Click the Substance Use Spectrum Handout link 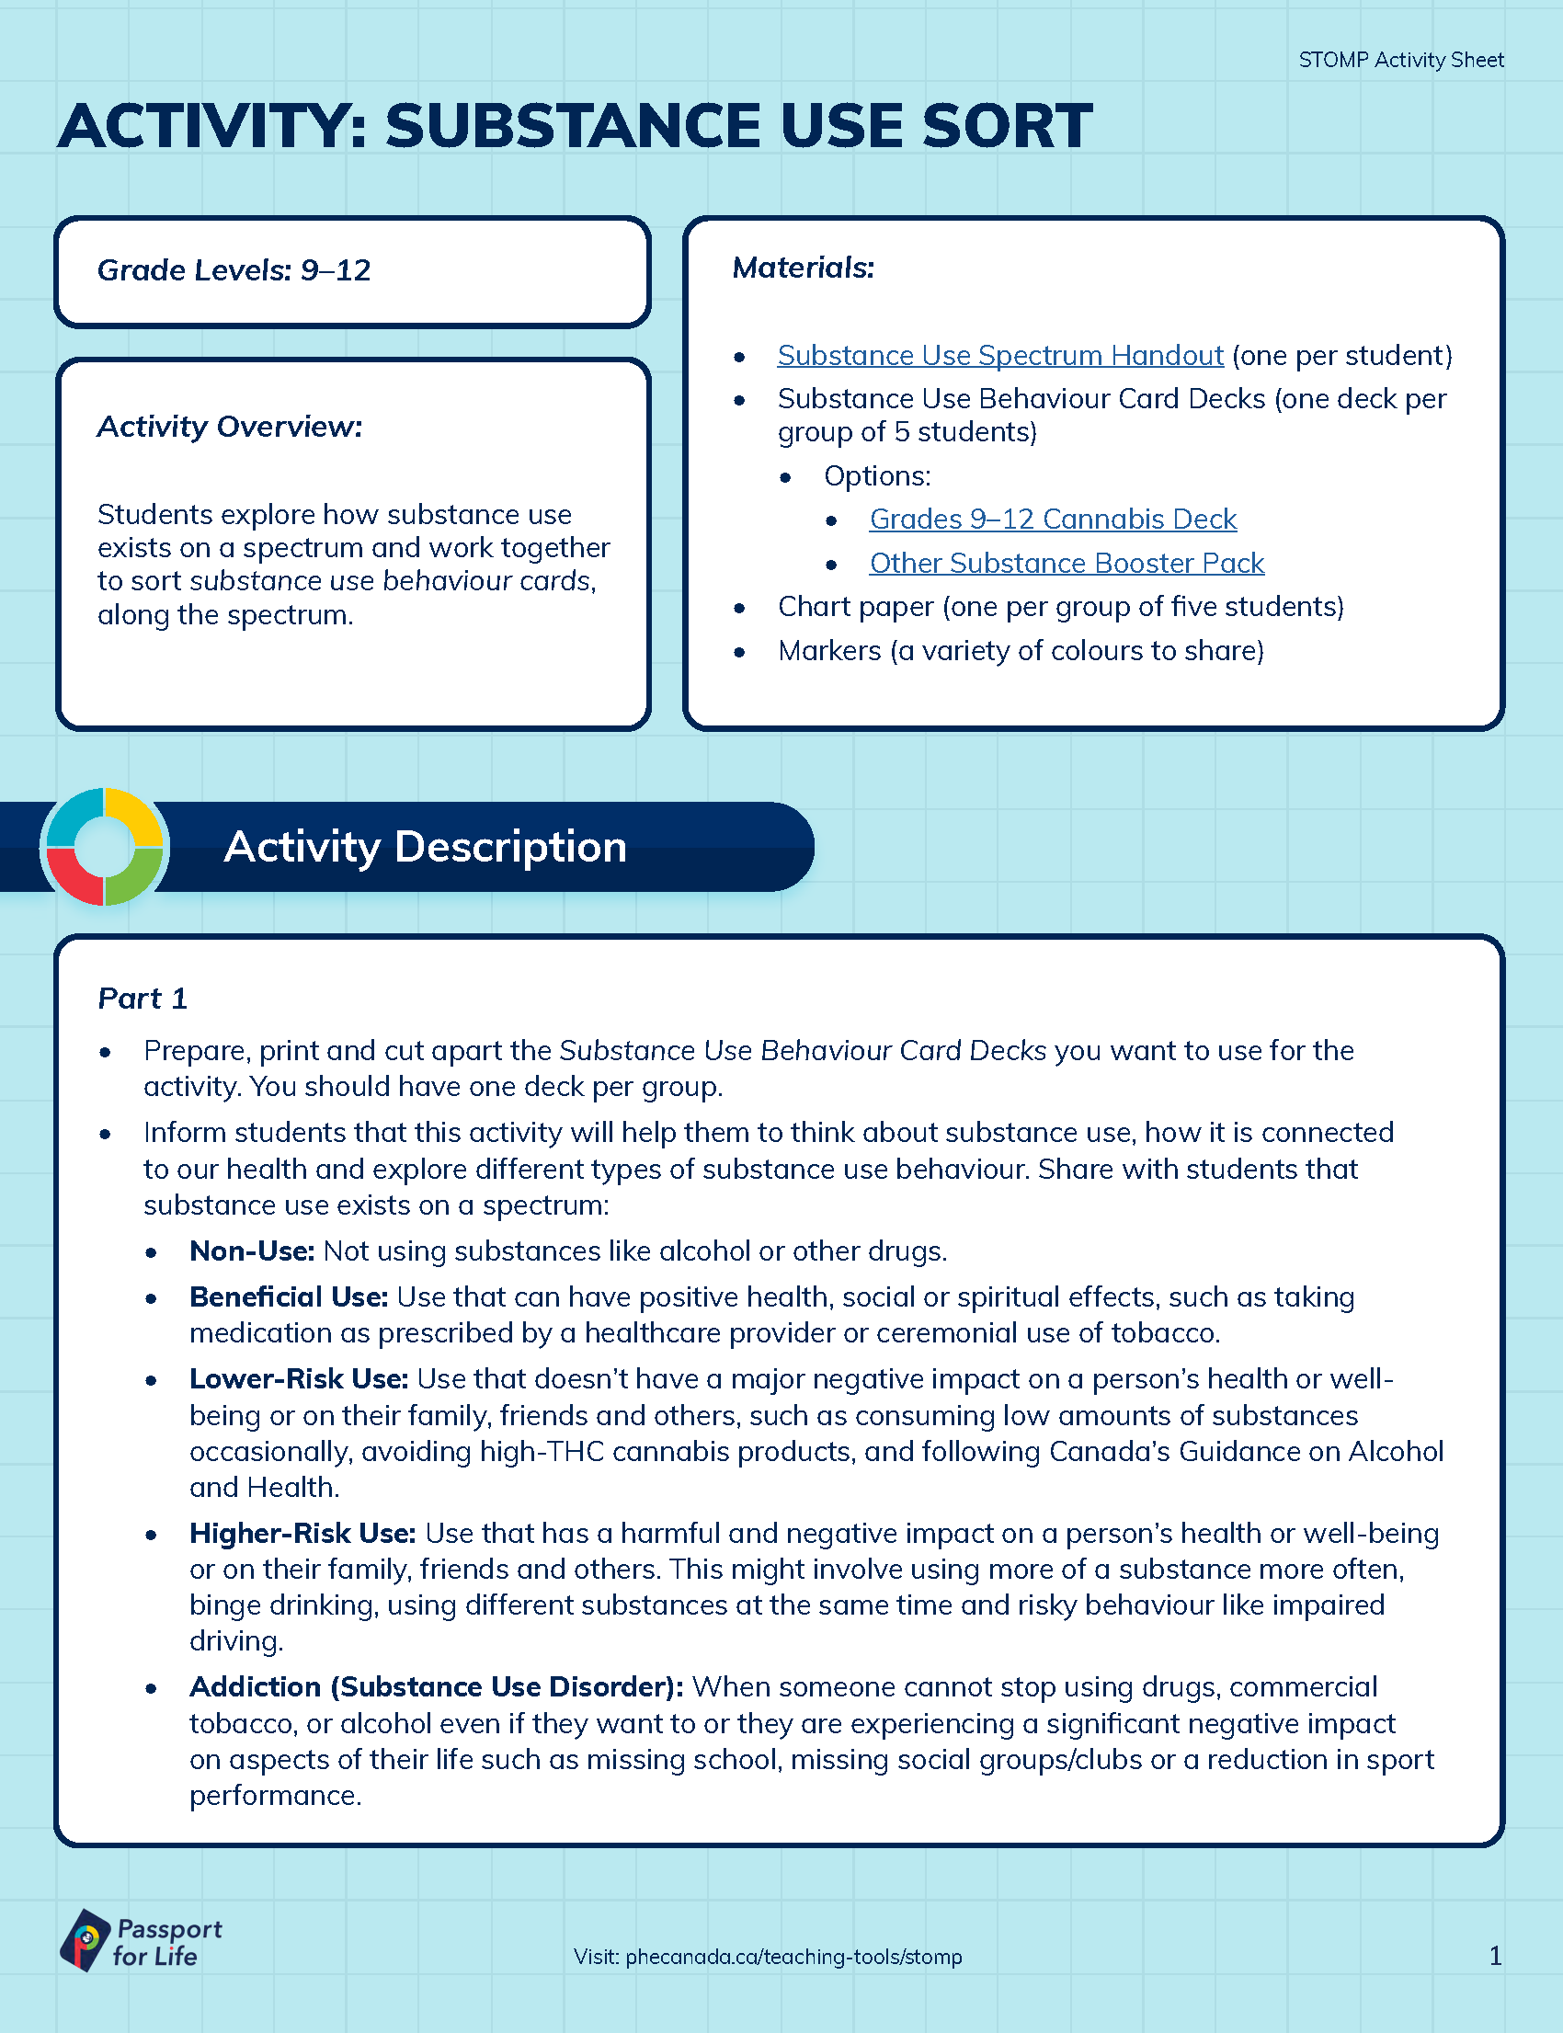999,356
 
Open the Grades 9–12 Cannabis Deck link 1052,520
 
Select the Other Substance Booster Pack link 1067,563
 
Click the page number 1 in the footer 1495,1956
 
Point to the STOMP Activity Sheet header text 1400,61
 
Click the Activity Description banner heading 425,847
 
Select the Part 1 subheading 143,999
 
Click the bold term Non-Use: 252,1251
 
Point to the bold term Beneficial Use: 289,1297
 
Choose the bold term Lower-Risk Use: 299,1379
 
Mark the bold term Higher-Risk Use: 302,1534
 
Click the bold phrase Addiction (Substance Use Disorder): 437,1687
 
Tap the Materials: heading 803,268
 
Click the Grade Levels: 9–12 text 234,270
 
